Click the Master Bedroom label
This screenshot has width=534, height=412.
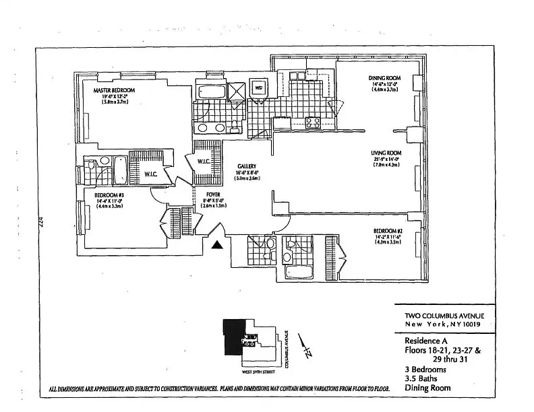point(114,91)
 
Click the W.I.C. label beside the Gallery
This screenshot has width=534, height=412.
point(204,161)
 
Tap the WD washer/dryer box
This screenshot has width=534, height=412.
point(258,88)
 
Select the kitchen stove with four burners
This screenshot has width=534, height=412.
point(313,123)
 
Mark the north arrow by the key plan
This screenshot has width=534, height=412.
point(307,351)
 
